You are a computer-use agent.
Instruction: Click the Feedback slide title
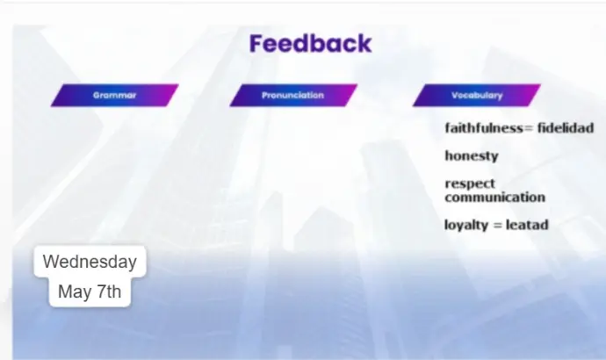[310, 43]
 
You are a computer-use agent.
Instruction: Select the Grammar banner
[114, 95]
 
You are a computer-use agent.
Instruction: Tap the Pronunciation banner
[293, 95]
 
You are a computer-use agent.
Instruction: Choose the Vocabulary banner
[477, 95]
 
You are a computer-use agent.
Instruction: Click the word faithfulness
[484, 127]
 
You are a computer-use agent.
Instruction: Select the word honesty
[472, 155]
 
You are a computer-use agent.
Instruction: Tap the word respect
[470, 184]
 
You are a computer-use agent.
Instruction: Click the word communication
[494, 197]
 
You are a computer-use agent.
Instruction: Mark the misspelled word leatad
[527, 225]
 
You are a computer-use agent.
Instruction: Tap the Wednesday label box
[90, 262]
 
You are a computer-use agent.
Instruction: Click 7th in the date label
[109, 292]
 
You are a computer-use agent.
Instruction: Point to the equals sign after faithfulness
[529, 128]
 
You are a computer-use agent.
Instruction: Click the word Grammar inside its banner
[114, 96]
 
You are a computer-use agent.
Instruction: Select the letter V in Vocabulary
[455, 95]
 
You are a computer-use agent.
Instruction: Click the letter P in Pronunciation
[264, 95]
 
